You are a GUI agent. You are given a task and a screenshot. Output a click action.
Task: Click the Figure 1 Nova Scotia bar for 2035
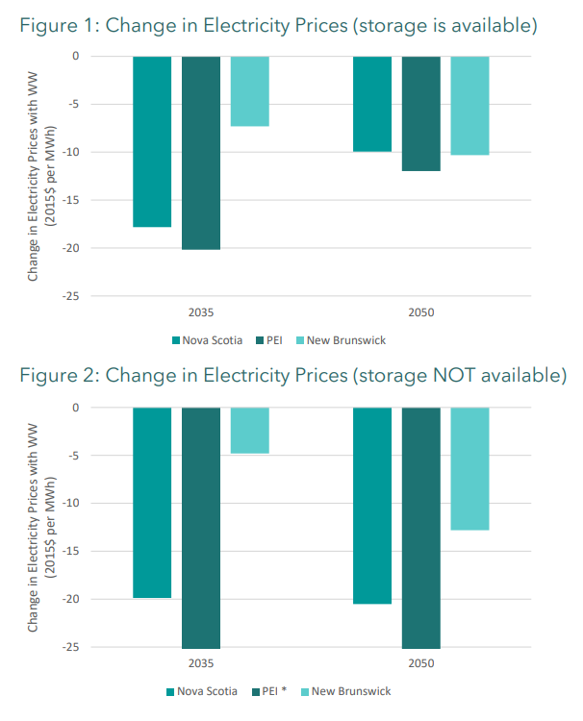coord(152,141)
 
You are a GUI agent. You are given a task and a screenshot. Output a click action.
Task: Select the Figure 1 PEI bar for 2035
coord(200,153)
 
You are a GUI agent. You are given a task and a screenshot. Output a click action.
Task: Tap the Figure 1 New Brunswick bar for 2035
coord(249,91)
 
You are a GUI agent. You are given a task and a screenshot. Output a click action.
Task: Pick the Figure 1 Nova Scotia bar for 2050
coord(372,104)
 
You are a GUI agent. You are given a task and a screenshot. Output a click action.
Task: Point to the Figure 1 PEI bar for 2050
coord(420,113)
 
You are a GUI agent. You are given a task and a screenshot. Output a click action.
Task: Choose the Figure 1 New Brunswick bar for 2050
coord(469,106)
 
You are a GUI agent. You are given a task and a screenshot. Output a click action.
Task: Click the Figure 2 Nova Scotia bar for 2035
coord(152,503)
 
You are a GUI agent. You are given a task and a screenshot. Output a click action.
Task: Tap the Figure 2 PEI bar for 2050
coord(420,528)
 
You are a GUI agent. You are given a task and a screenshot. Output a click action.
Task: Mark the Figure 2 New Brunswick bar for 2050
coord(469,469)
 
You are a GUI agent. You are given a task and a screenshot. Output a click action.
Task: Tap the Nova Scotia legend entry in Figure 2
coord(201,691)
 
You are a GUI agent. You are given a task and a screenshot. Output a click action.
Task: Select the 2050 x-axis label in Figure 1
coord(420,312)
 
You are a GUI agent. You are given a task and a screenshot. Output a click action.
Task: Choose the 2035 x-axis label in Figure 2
coord(200,663)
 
